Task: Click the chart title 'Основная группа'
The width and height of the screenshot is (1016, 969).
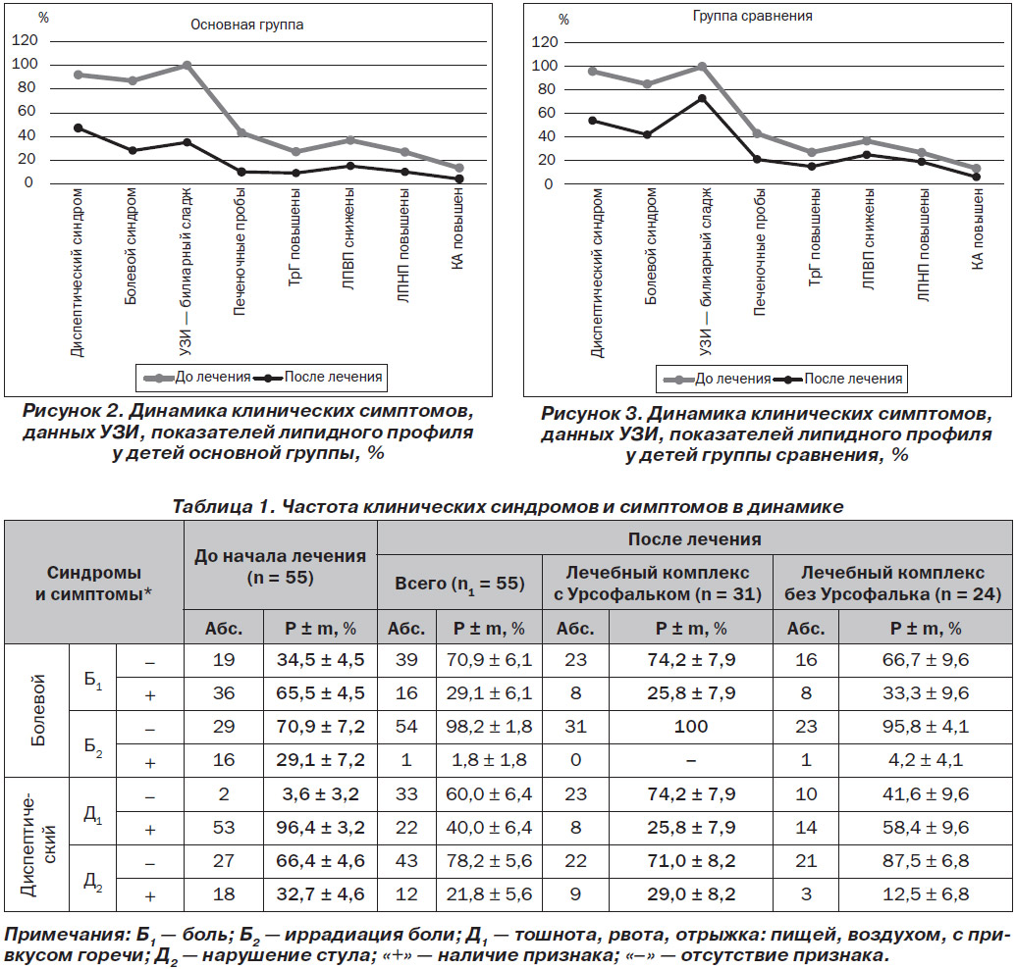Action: point(246,25)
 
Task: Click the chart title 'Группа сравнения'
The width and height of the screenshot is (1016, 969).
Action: point(752,16)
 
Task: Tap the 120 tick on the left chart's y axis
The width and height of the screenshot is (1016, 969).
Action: point(26,40)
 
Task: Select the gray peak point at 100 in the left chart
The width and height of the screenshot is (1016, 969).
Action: point(187,65)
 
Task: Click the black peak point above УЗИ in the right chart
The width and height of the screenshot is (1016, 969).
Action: point(702,98)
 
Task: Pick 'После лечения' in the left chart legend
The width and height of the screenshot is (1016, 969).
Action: point(333,377)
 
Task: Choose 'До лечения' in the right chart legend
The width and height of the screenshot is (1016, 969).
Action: point(732,379)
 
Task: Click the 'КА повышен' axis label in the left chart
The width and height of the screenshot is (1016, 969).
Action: point(457,229)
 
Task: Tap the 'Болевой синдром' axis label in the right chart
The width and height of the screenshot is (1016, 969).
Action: point(651,246)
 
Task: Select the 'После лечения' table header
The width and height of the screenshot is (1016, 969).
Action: point(695,539)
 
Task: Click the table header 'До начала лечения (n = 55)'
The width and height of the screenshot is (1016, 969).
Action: point(281,566)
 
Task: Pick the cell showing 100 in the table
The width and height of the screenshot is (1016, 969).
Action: point(691,727)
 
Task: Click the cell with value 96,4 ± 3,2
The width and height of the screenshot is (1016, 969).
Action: point(320,827)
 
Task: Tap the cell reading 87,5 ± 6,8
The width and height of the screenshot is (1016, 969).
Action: point(926,861)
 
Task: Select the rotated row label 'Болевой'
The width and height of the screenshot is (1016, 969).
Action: point(37,710)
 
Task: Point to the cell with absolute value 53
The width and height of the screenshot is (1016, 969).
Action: point(224,827)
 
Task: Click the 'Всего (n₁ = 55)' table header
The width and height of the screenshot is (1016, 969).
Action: point(459,584)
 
